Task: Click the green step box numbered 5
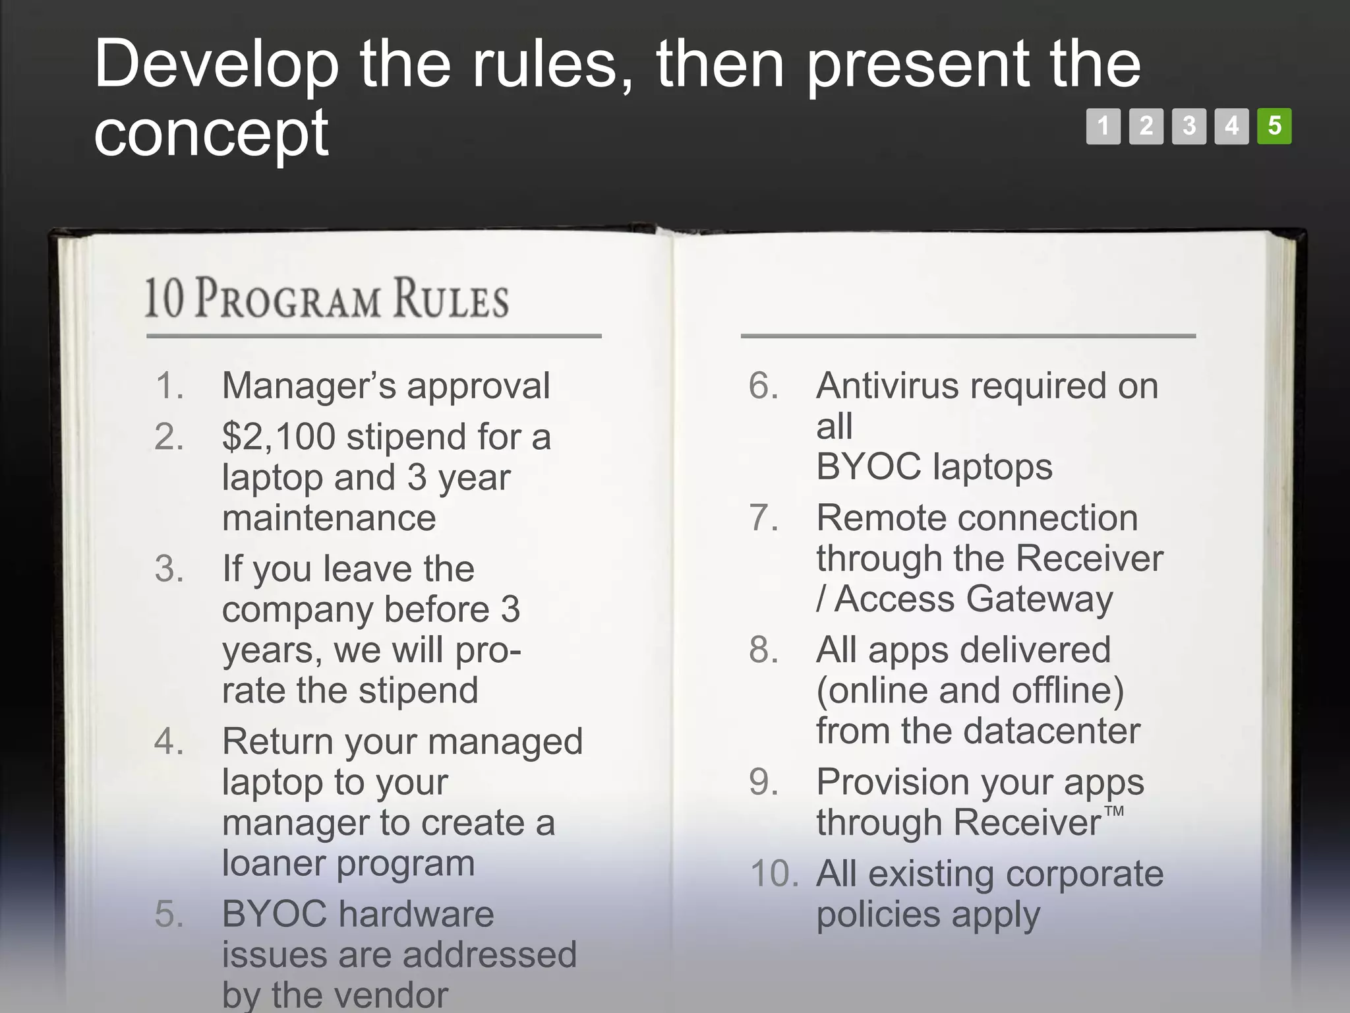(1274, 126)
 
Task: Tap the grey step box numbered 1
(1103, 126)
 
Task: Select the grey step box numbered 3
(1189, 126)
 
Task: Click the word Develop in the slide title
(216, 65)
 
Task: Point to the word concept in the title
(211, 134)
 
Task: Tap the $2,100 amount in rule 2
(278, 437)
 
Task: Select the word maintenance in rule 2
(329, 518)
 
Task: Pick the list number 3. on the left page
(169, 569)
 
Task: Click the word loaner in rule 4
(274, 863)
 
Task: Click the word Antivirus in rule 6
(887, 386)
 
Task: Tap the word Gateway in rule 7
(1040, 599)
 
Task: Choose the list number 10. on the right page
(774, 875)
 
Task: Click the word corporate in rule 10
(1085, 875)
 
